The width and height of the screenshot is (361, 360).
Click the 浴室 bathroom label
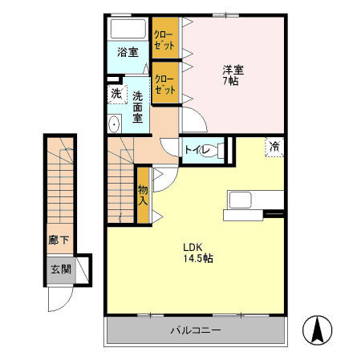tap(128, 52)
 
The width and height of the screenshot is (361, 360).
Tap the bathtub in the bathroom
tap(128, 28)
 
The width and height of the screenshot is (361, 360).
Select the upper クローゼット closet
tap(165, 38)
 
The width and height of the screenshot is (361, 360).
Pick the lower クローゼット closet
tap(165, 83)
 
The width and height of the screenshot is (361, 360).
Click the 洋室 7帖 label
tap(233, 75)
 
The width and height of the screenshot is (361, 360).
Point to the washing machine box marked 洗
tap(117, 94)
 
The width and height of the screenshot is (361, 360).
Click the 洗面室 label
tap(137, 107)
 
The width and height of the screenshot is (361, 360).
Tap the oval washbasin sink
tap(115, 123)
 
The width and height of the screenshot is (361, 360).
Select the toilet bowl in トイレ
tap(215, 151)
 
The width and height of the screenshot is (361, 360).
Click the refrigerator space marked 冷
tap(274, 147)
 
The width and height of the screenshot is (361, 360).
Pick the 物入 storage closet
tap(143, 195)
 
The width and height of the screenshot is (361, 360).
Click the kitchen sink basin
tap(240, 200)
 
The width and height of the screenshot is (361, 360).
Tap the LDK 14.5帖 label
tap(198, 253)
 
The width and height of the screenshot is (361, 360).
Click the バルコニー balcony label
tap(196, 330)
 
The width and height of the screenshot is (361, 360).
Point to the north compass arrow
tap(318, 330)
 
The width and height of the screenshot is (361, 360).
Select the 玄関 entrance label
tap(61, 269)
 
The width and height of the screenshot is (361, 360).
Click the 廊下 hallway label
tap(59, 241)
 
